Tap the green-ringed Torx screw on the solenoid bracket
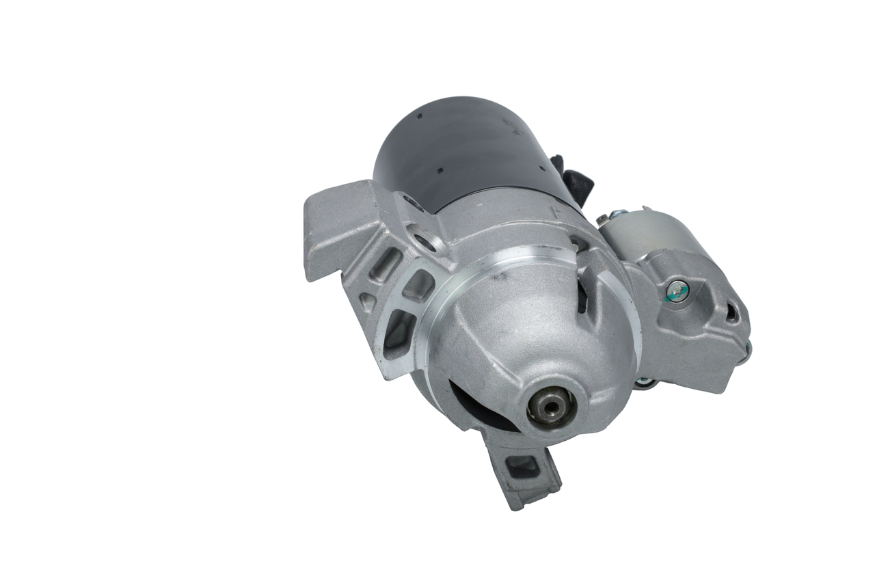(677, 290)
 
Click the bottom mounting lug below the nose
(524, 472)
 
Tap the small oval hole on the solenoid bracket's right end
(731, 313)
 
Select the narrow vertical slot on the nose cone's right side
(582, 294)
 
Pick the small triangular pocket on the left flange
(367, 301)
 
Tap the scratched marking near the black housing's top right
(509, 123)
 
